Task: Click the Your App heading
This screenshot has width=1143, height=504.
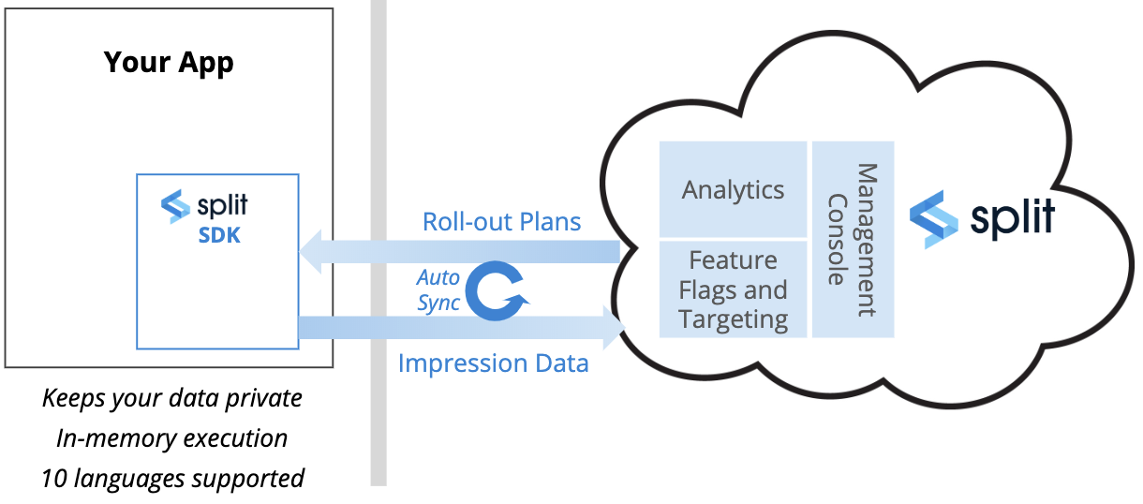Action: click(x=169, y=63)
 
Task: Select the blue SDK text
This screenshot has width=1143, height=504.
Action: click(x=219, y=235)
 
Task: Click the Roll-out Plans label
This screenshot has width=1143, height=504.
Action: click(x=501, y=222)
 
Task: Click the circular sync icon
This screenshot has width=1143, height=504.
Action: click(x=497, y=291)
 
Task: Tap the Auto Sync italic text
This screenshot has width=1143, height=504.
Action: click(x=438, y=290)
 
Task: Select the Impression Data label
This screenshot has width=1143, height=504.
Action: click(x=493, y=363)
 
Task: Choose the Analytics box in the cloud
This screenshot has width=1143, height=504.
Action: click(x=733, y=189)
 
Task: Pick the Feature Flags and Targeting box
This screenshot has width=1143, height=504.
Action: click(x=733, y=289)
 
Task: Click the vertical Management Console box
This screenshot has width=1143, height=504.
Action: click(x=853, y=239)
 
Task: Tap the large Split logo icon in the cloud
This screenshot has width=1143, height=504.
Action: click(x=934, y=218)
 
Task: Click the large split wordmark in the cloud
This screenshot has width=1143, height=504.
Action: click(x=1012, y=216)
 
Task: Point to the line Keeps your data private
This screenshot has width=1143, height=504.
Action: click(x=172, y=398)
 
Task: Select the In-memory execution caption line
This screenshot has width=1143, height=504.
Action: click(x=172, y=438)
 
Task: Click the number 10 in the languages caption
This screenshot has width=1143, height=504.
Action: click(x=53, y=479)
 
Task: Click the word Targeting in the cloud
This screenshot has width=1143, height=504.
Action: click(x=733, y=319)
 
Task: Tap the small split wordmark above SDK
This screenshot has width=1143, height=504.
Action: click(x=222, y=205)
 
